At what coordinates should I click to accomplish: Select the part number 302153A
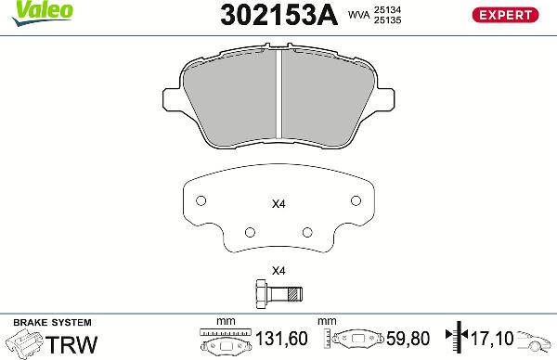pos(278,15)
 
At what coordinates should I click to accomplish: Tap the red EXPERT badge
pos(507,14)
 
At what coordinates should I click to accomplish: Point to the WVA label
pos(359,16)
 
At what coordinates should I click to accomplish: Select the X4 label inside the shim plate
pos(278,204)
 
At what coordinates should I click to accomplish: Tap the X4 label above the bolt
pos(278,272)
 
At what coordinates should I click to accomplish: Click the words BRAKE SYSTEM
pos(42,321)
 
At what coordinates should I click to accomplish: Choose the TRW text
pos(71,344)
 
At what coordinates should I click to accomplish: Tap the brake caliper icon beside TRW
pos(24,343)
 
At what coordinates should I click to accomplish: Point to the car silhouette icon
pos(536,341)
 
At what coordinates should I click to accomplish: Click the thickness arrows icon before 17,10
pos(456,340)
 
